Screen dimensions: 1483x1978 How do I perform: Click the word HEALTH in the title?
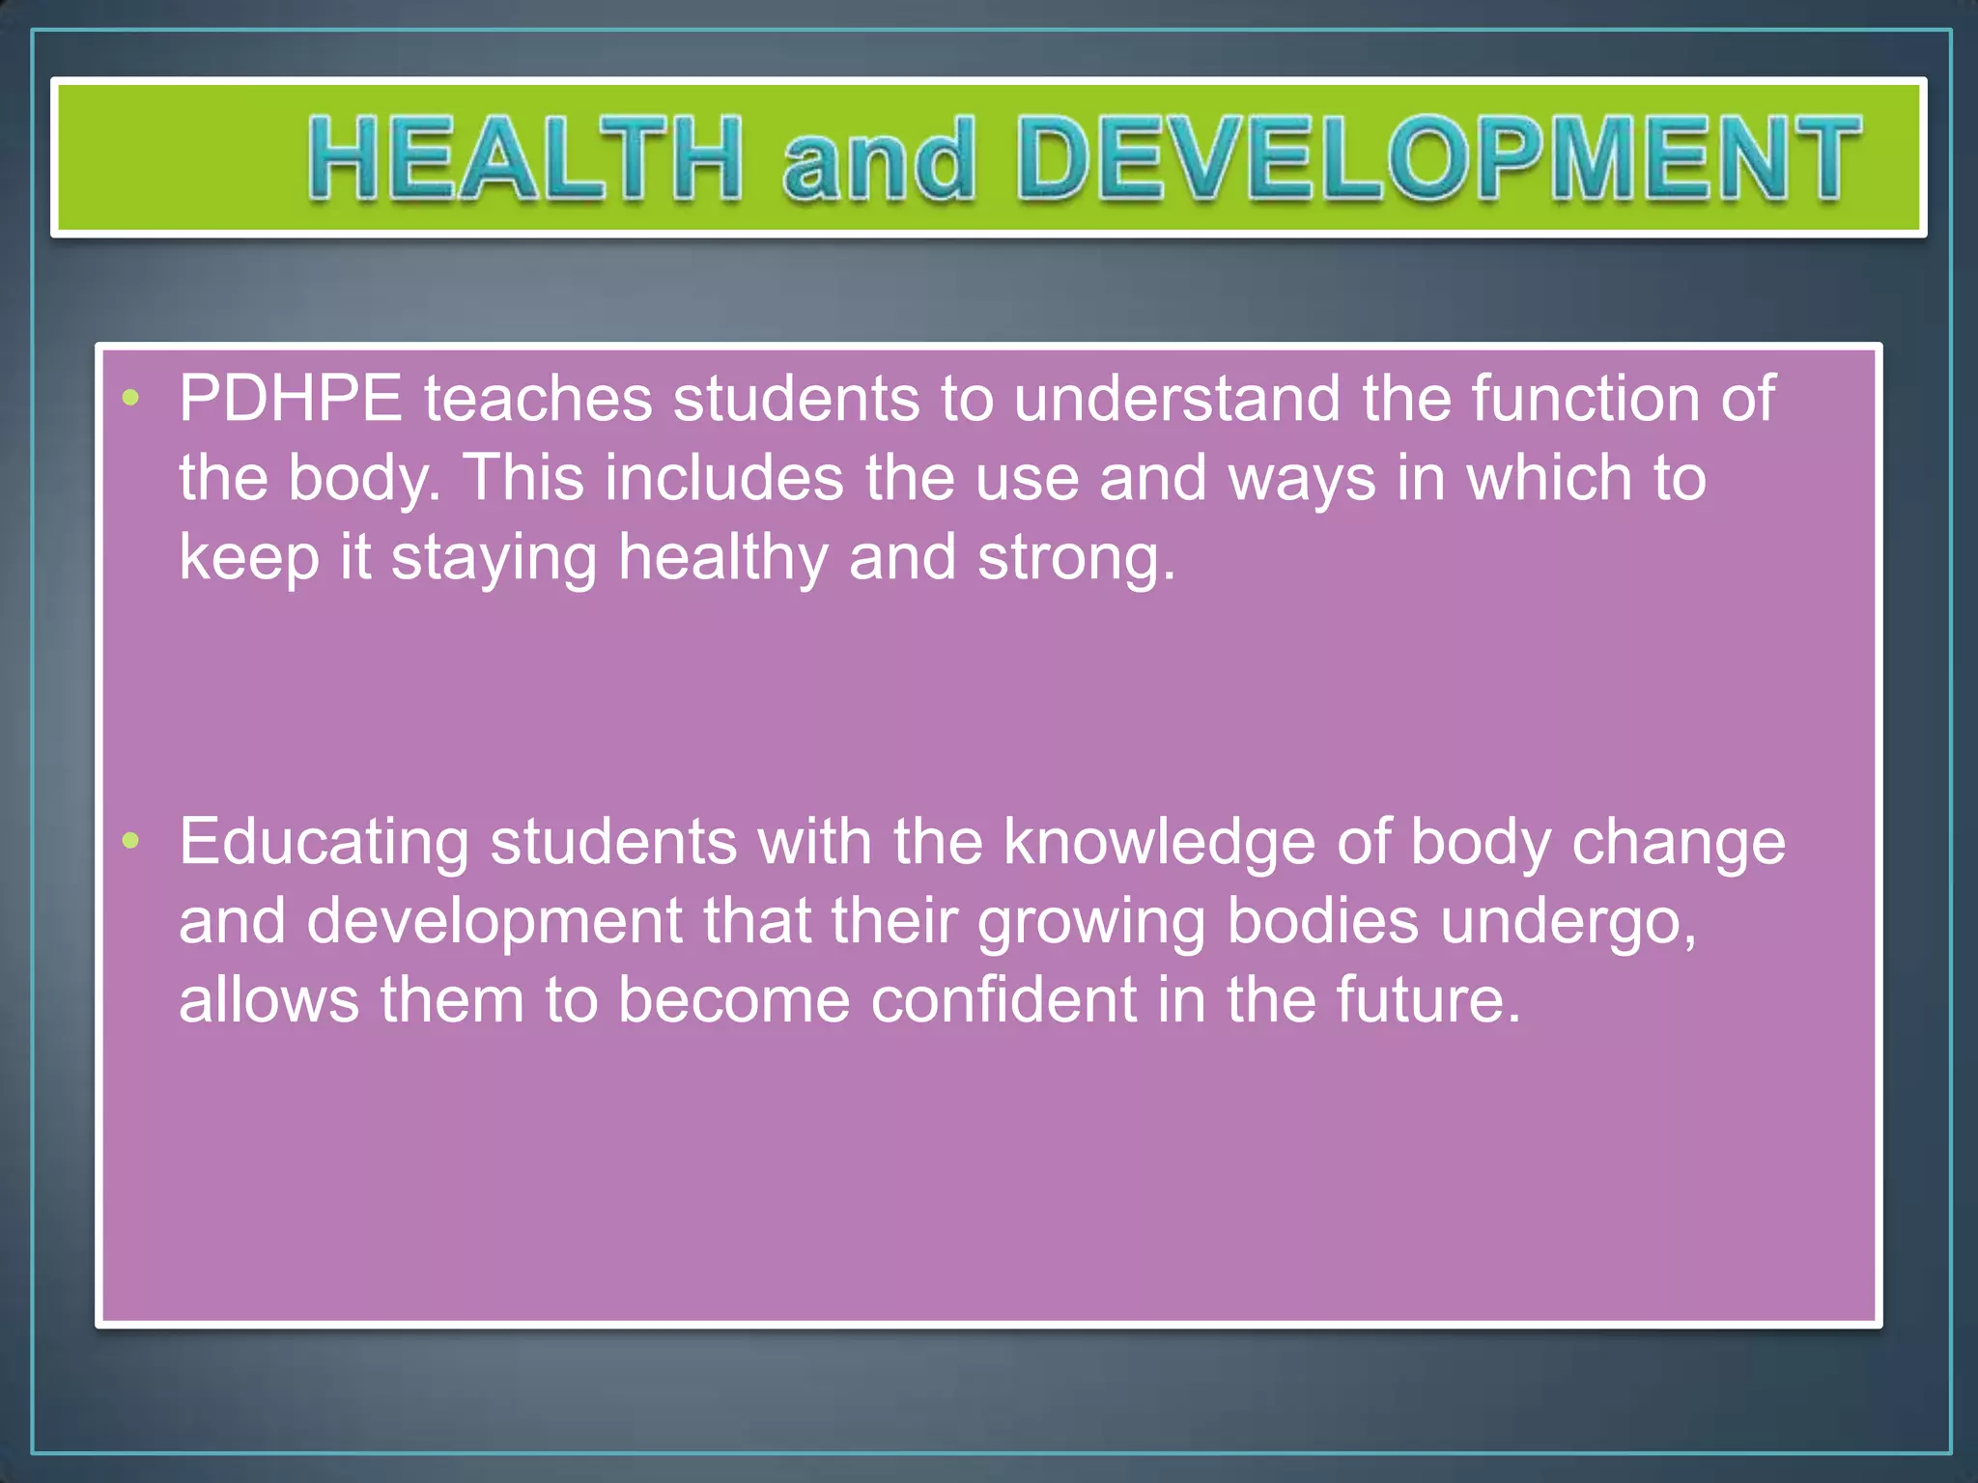(524, 157)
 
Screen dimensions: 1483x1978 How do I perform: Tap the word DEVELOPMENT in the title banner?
(1438, 157)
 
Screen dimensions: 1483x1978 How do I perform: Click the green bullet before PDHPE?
(131, 397)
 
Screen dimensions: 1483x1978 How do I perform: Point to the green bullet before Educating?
(131, 840)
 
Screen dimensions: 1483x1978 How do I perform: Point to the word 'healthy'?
(722, 559)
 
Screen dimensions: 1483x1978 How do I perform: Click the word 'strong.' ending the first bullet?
(1077, 559)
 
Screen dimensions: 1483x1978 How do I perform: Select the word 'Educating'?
(324, 843)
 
